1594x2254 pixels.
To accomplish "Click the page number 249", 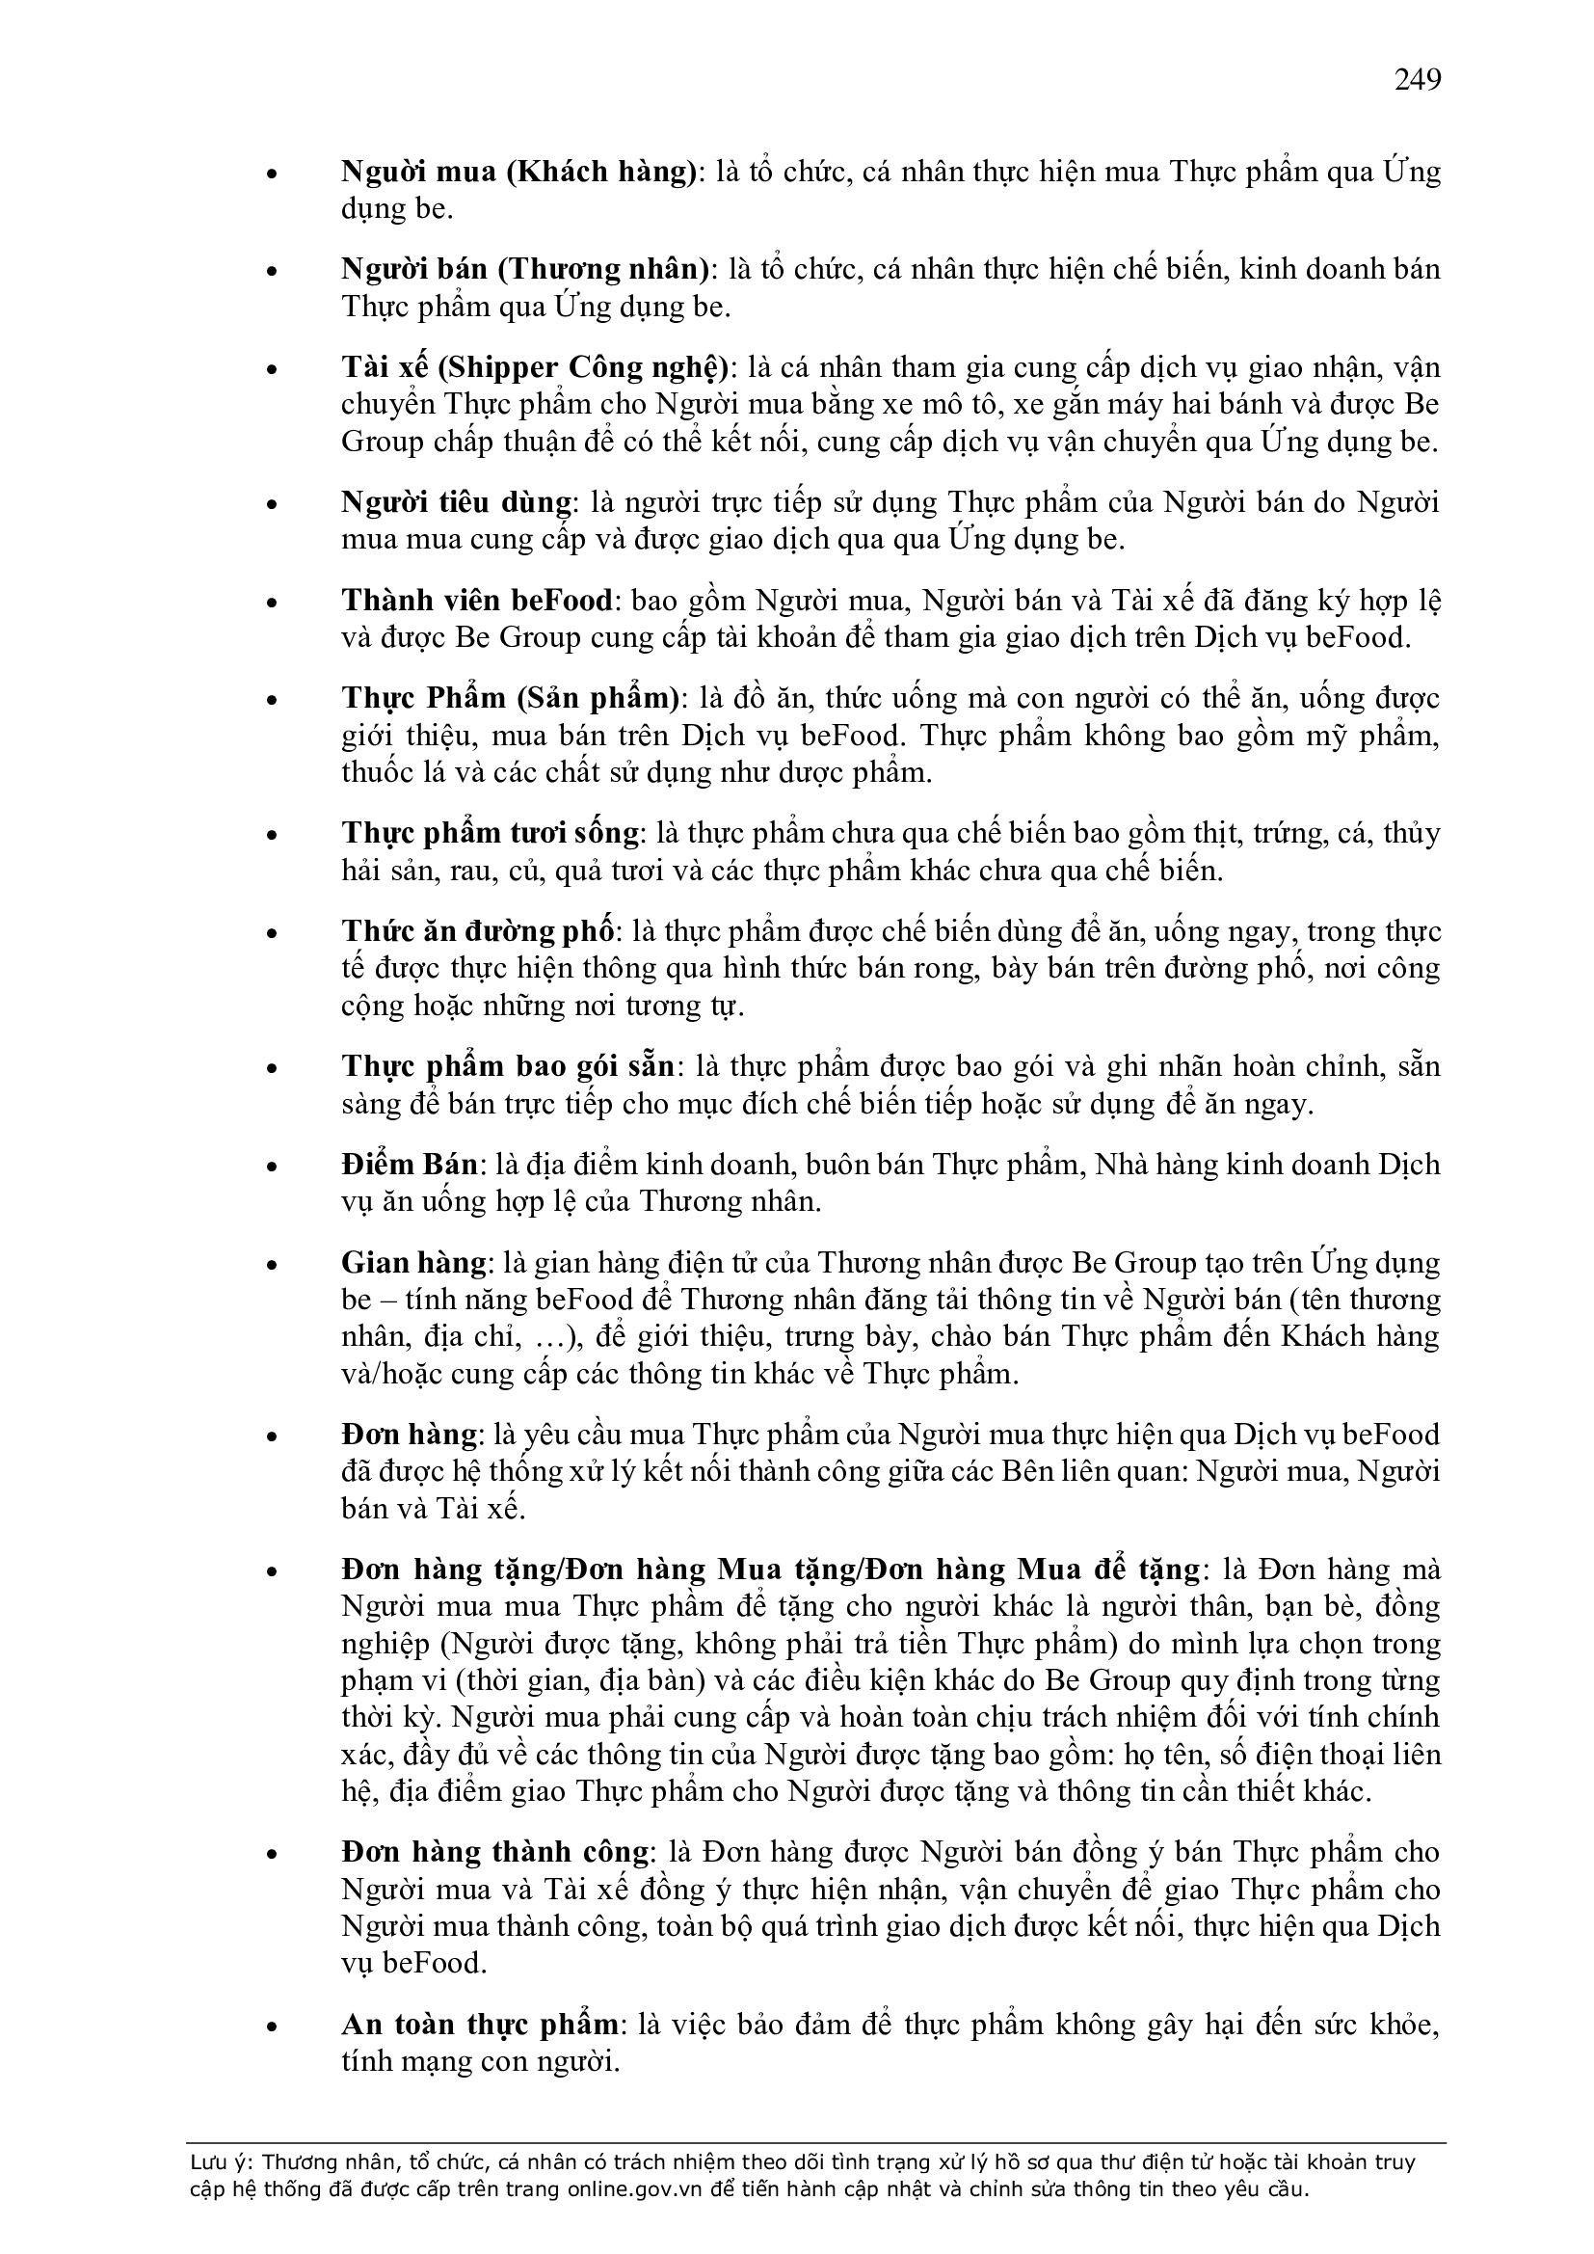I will (1418, 79).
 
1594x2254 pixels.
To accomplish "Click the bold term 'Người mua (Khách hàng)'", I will (518, 173).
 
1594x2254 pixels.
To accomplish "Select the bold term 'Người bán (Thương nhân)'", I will (525, 270).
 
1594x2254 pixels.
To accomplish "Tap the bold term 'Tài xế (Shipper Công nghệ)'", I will (536, 367).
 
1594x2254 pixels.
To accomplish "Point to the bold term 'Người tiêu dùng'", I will (456, 502).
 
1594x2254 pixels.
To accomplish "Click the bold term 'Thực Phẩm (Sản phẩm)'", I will (511, 698).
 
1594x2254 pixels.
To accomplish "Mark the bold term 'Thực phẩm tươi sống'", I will (490, 834).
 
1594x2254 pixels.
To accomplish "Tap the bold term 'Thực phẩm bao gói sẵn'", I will (508, 1066).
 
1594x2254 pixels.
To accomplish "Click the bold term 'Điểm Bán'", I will (410, 1165).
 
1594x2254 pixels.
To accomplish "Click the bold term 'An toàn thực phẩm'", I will (480, 2026).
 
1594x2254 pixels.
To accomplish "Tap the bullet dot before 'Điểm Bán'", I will (273, 1167).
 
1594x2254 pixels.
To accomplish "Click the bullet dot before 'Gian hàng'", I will (273, 1265).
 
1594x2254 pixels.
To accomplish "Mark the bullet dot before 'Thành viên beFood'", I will (273, 603).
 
